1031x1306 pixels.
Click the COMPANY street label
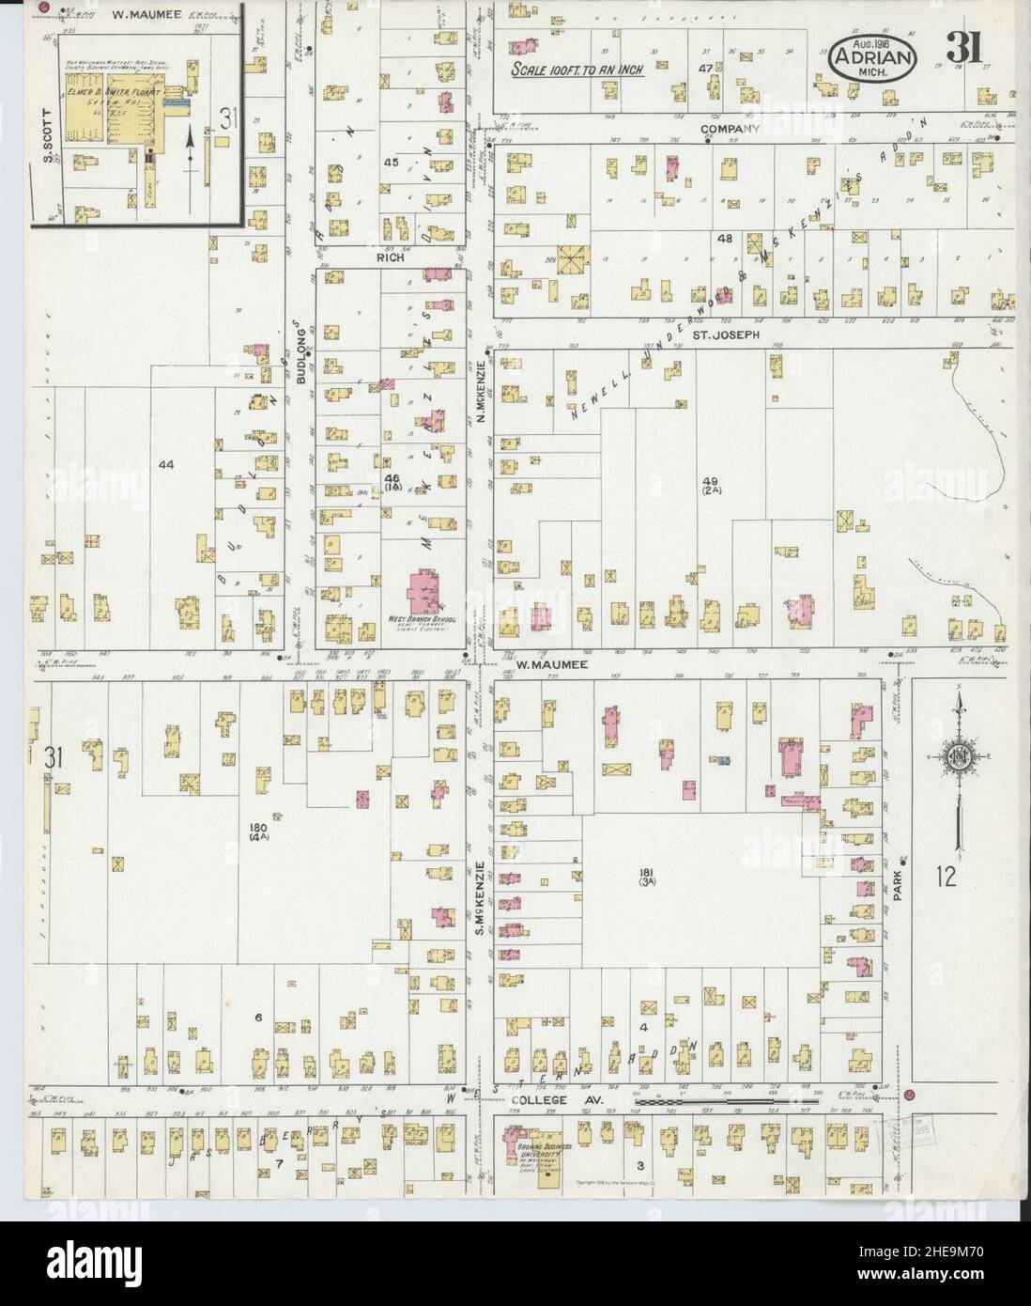[729, 129]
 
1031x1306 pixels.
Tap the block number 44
[167, 465]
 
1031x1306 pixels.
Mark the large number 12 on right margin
[946, 878]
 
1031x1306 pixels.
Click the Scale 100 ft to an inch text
[570, 71]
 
